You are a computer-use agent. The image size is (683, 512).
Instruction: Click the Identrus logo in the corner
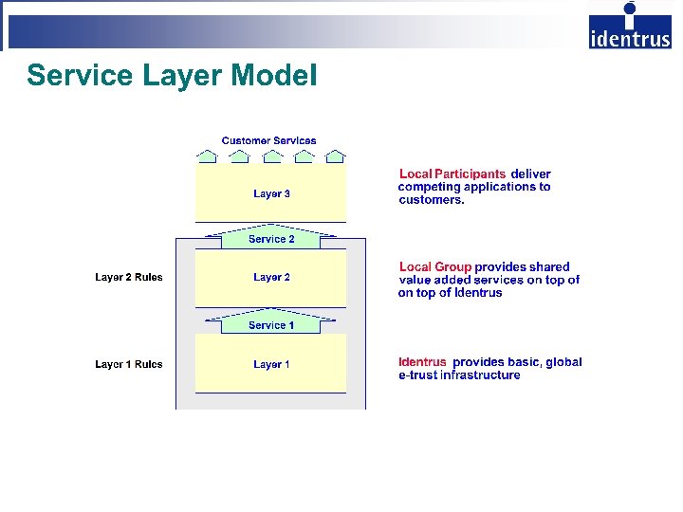(x=629, y=27)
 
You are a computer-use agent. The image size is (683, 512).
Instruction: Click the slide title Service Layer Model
(x=172, y=76)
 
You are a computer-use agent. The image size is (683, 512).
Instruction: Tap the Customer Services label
(x=268, y=141)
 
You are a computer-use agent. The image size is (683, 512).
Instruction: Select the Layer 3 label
(x=271, y=194)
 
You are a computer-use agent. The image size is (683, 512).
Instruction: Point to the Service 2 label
(x=271, y=240)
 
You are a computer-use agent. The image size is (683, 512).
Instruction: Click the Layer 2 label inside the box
(x=271, y=278)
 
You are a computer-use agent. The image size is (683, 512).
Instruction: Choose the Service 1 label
(x=271, y=325)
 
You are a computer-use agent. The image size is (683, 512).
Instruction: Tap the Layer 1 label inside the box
(x=271, y=364)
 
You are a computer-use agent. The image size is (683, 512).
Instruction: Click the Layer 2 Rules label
(x=128, y=278)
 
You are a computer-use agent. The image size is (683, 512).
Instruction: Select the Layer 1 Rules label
(x=128, y=364)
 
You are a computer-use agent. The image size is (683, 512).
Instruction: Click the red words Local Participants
(x=452, y=174)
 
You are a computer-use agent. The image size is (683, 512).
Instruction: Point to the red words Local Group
(x=435, y=267)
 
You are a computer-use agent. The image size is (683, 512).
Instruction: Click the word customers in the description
(x=432, y=200)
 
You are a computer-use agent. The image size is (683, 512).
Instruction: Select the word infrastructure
(x=480, y=375)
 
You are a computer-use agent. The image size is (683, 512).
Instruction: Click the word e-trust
(x=417, y=375)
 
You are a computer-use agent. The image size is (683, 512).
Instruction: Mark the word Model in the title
(x=280, y=76)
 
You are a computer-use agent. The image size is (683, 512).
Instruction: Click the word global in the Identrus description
(x=563, y=362)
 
